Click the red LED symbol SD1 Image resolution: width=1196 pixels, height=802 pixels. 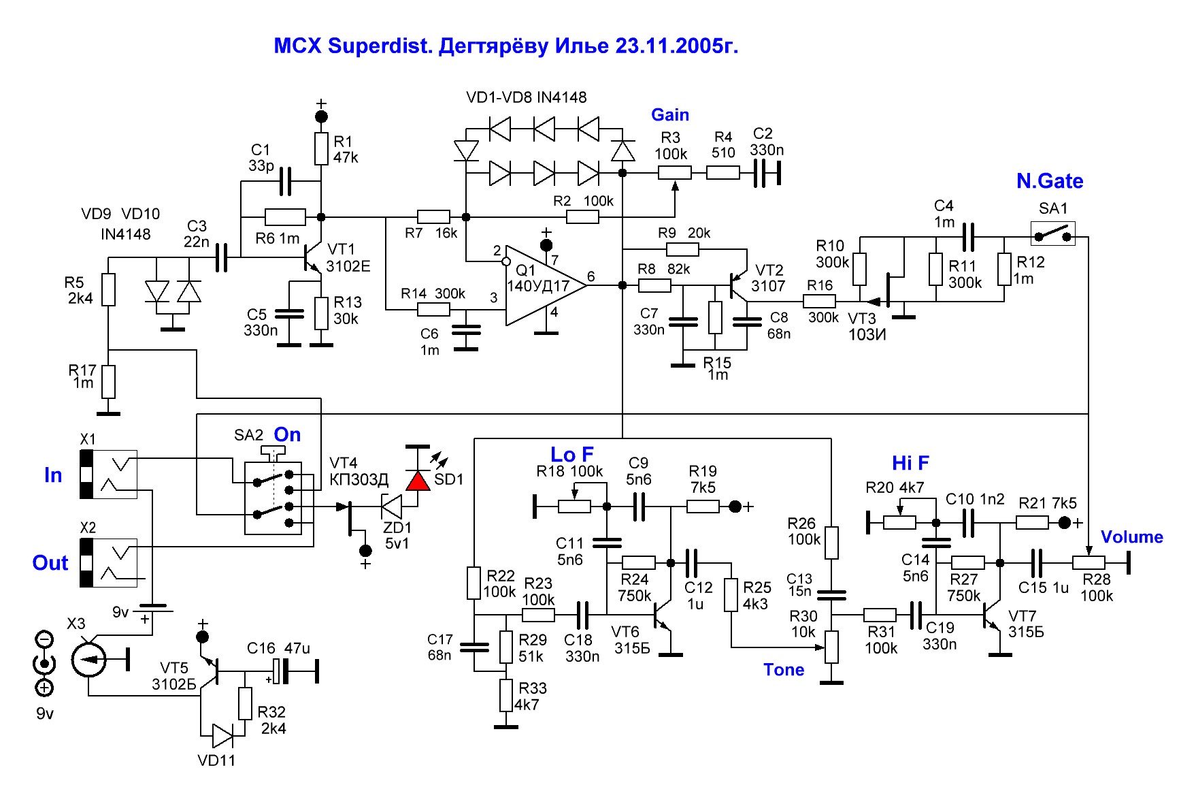coord(418,480)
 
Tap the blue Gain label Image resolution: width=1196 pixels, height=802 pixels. coord(669,115)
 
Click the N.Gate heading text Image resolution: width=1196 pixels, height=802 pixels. coord(1049,181)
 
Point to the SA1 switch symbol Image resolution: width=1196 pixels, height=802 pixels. coord(1052,234)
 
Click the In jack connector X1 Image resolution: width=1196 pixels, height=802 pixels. coord(109,475)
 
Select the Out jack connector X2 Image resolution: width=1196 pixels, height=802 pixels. coord(109,563)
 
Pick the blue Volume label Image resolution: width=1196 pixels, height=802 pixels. coord(1131,537)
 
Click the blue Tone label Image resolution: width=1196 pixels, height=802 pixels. coord(783,670)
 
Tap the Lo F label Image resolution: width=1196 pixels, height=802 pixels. coord(571,454)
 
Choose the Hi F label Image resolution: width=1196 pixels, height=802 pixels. coord(910,464)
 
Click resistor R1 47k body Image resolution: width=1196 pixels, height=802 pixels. coord(322,149)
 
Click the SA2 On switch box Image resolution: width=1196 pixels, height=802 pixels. coord(273,497)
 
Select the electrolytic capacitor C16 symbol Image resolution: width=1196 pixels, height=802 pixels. coord(280,671)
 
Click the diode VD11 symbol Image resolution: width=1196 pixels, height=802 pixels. coord(222,736)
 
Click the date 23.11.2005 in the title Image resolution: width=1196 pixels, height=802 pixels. coord(676,46)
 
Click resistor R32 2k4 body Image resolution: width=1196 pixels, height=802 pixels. coord(246,703)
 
